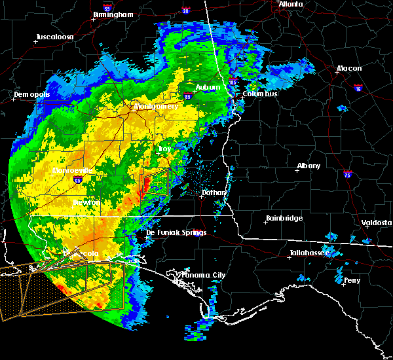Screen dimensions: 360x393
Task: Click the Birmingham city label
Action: click(x=114, y=14)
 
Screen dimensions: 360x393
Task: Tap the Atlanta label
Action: click(x=291, y=4)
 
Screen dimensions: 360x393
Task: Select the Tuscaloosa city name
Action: click(x=54, y=37)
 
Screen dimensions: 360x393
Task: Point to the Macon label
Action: click(x=349, y=69)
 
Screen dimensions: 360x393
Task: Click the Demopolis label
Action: click(x=32, y=95)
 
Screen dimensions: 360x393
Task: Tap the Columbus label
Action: click(x=260, y=94)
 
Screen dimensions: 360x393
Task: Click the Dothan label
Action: click(x=214, y=192)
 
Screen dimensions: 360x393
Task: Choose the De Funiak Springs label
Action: click(x=176, y=232)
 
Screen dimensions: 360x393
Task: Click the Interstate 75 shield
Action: click(x=348, y=174)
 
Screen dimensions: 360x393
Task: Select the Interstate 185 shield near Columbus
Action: click(x=233, y=82)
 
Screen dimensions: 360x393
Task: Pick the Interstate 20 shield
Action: click(x=186, y=10)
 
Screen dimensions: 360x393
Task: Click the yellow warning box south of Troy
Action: click(x=156, y=181)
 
